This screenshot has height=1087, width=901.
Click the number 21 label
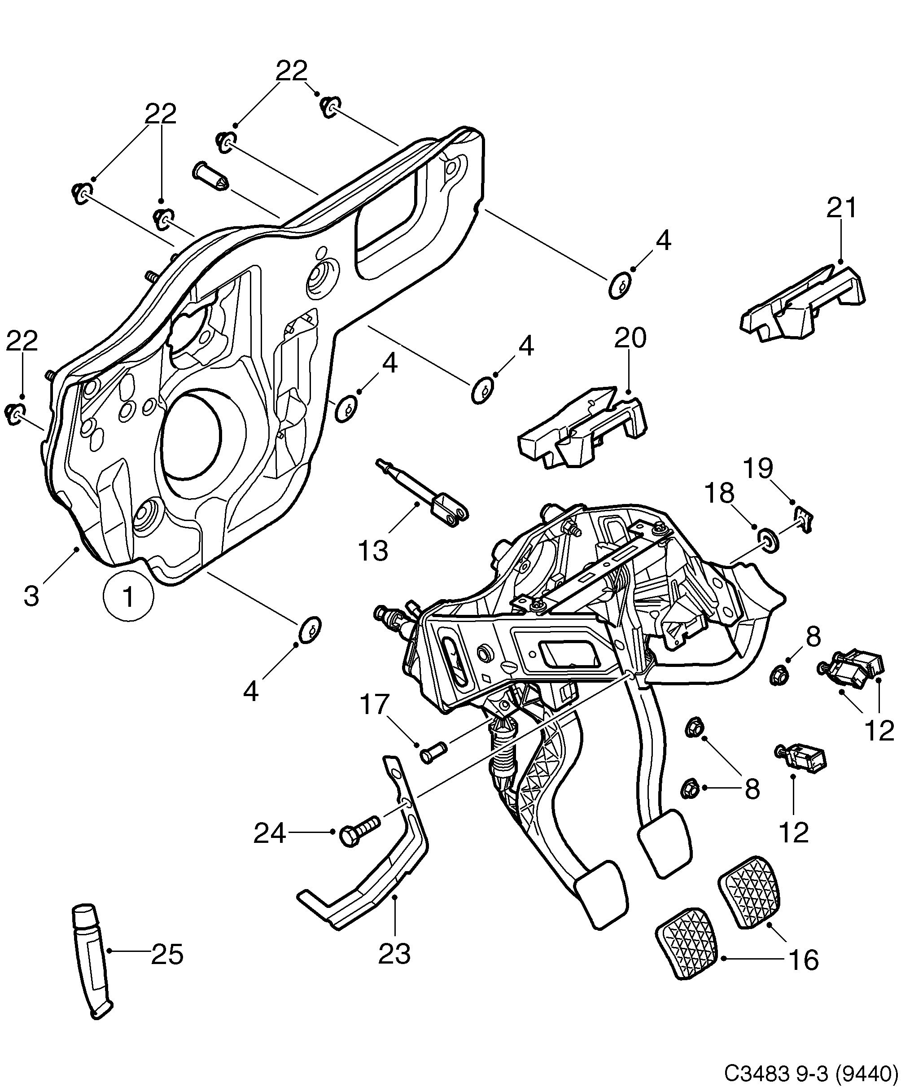click(841, 209)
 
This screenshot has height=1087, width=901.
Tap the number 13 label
click(372, 551)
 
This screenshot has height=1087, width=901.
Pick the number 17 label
click(374, 705)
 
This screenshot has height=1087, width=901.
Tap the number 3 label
click(31, 596)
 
